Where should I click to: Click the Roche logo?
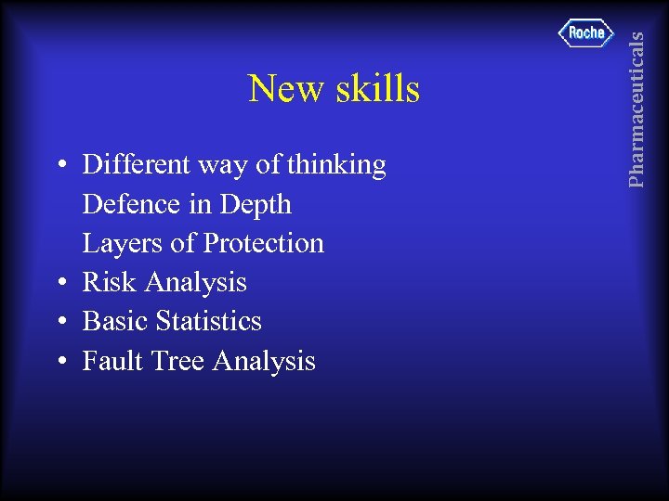coord(586,33)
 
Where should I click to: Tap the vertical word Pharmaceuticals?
coord(636,109)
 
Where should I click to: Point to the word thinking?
coord(336,166)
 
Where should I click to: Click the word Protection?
coord(264,243)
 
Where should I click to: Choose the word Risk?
coord(110,282)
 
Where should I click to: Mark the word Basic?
coord(116,321)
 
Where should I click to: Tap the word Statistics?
coord(209,321)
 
